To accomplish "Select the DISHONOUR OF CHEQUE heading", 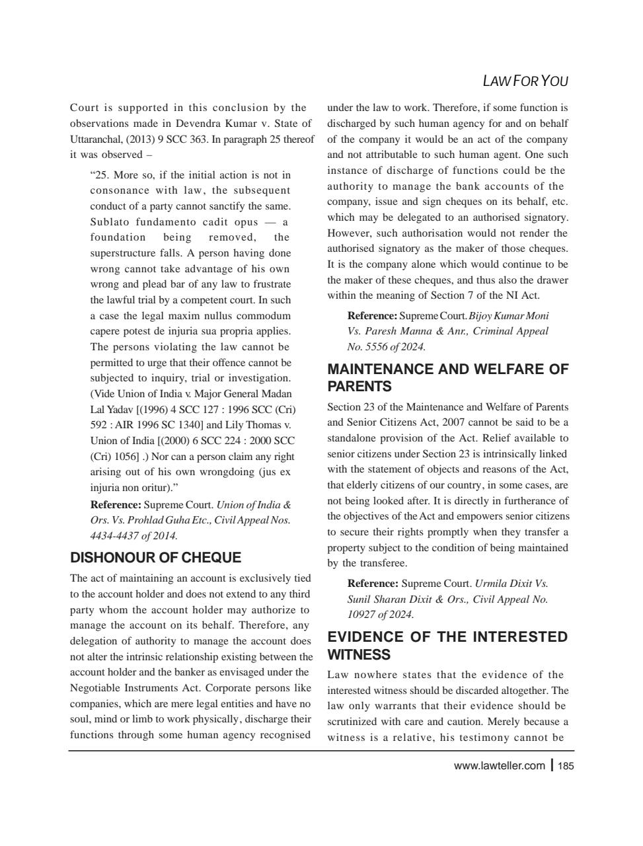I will [x=155, y=557].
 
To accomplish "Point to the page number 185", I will [x=566, y=766].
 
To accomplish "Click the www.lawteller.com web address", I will [x=499, y=766].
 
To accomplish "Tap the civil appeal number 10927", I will [x=361, y=615].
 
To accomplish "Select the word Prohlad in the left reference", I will [x=149, y=520].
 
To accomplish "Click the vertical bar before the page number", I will [x=552, y=765].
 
